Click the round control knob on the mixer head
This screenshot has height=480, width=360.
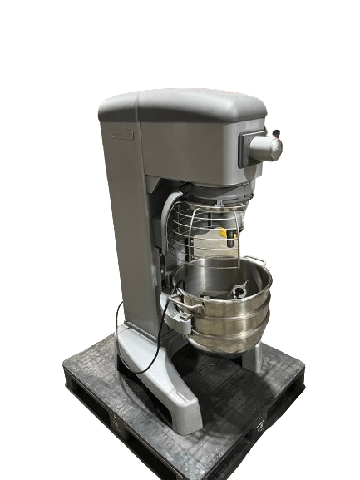coord(269,148)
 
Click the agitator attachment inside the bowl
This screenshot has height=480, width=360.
coord(236,291)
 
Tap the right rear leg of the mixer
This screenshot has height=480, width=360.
coord(251,355)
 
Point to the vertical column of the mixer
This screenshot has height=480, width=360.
coord(125,233)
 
